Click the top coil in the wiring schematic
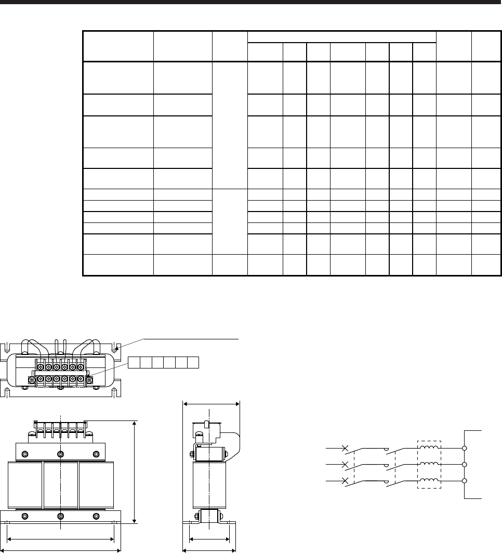[x=429, y=446]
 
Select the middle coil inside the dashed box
[x=429, y=464]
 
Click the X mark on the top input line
[x=345, y=447]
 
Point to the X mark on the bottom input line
[x=345, y=482]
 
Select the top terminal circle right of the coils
[x=464, y=447]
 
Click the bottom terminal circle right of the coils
[x=464, y=481]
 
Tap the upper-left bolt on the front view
[x=24, y=454]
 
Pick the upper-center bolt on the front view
[x=61, y=454]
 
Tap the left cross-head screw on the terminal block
[x=32, y=380]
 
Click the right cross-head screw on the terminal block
[x=89, y=380]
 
